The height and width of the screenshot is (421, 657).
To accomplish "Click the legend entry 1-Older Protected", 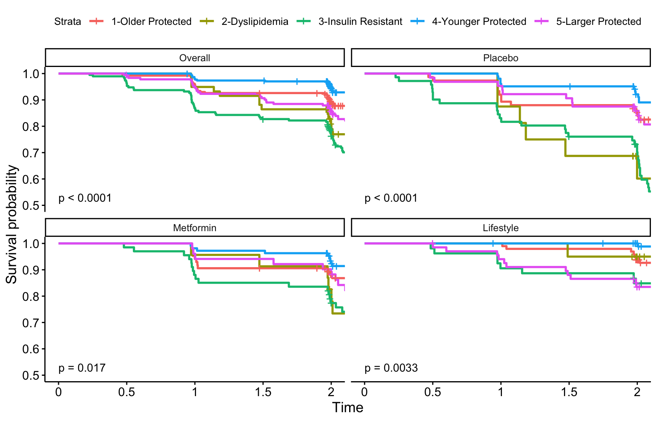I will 151,21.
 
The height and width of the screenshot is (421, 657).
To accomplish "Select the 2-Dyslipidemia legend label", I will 255,21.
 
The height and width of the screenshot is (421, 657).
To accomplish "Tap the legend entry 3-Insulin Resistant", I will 360,21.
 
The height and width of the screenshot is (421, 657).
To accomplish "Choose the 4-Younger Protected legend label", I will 479,21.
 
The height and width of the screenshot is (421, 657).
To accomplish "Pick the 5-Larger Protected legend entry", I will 598,21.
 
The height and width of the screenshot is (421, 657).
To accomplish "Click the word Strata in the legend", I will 68,21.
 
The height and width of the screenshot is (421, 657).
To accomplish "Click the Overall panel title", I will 194,58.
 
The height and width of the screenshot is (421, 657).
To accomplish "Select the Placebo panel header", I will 500,58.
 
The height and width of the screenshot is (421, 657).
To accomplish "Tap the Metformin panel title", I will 194,228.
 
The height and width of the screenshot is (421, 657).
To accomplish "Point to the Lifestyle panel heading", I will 500,228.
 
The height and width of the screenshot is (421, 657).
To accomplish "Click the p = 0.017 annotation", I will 82,368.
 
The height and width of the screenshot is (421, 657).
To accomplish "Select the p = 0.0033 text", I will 391,368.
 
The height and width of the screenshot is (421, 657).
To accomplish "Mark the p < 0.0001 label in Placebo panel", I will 391,198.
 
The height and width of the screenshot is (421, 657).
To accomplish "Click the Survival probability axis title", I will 11,224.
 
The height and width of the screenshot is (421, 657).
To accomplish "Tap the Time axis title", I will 347,408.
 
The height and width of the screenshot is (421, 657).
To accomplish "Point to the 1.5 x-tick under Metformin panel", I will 263,392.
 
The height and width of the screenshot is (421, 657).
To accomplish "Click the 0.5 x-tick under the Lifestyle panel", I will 433,392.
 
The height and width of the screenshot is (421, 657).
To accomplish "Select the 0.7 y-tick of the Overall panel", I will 31,153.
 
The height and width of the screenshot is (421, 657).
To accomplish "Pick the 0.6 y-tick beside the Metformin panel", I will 31,349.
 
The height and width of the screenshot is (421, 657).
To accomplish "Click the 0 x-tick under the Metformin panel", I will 59,392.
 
